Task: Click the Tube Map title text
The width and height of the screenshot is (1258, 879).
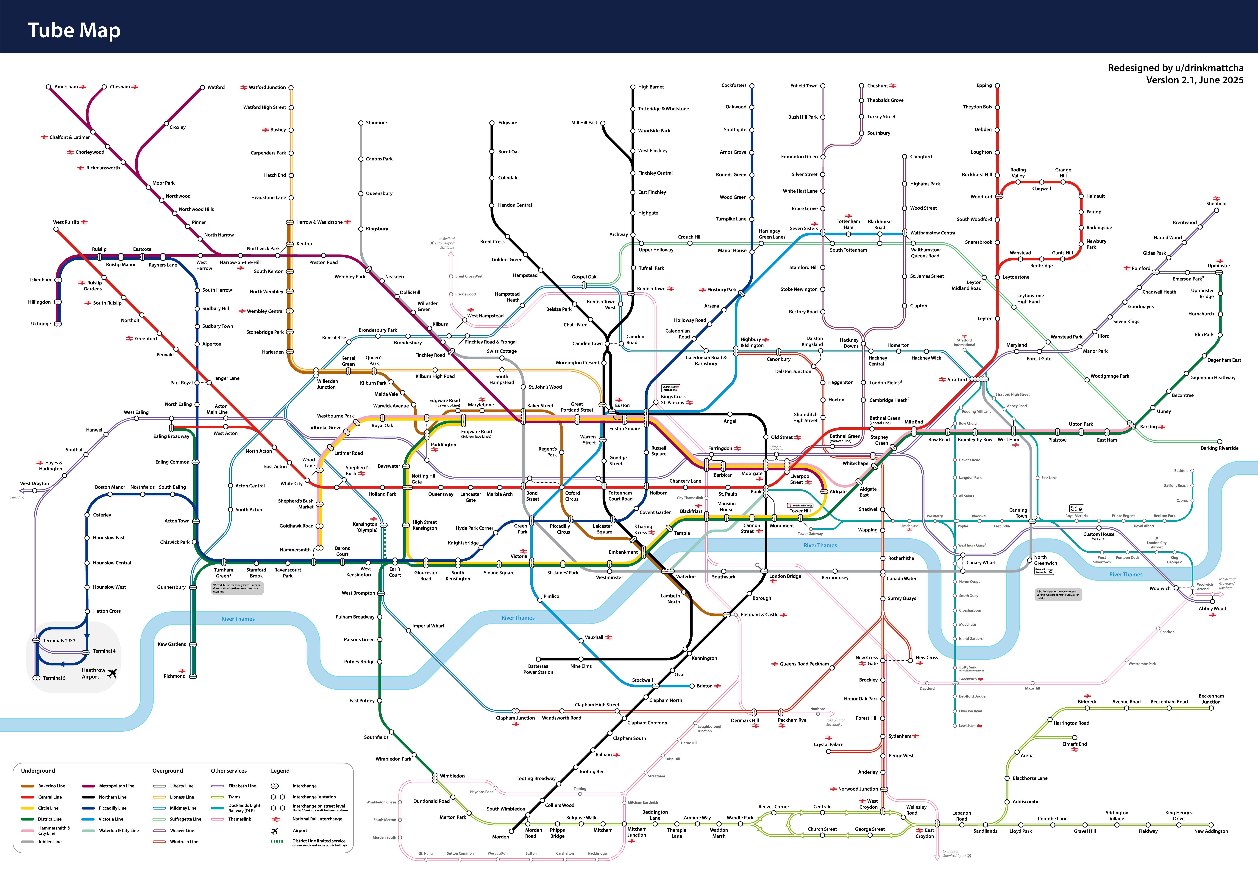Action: pos(74,31)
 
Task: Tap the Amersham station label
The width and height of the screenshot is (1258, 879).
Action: pos(66,87)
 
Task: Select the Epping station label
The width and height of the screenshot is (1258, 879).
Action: pos(984,85)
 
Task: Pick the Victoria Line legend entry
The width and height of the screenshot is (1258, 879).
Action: pos(111,819)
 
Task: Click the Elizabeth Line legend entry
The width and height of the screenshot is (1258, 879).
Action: pos(242,786)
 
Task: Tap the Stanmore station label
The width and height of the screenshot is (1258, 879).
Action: pos(376,123)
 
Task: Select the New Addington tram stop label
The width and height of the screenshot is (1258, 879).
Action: pos(1211,831)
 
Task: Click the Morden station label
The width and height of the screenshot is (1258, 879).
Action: pos(500,837)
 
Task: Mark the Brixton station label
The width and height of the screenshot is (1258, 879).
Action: pos(705,686)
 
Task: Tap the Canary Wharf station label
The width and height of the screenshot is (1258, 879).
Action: pos(981,562)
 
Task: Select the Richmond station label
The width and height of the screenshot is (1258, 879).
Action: pos(174,676)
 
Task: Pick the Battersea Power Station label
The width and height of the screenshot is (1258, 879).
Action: pos(538,669)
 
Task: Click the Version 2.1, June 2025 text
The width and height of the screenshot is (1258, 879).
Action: pos(1194,80)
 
